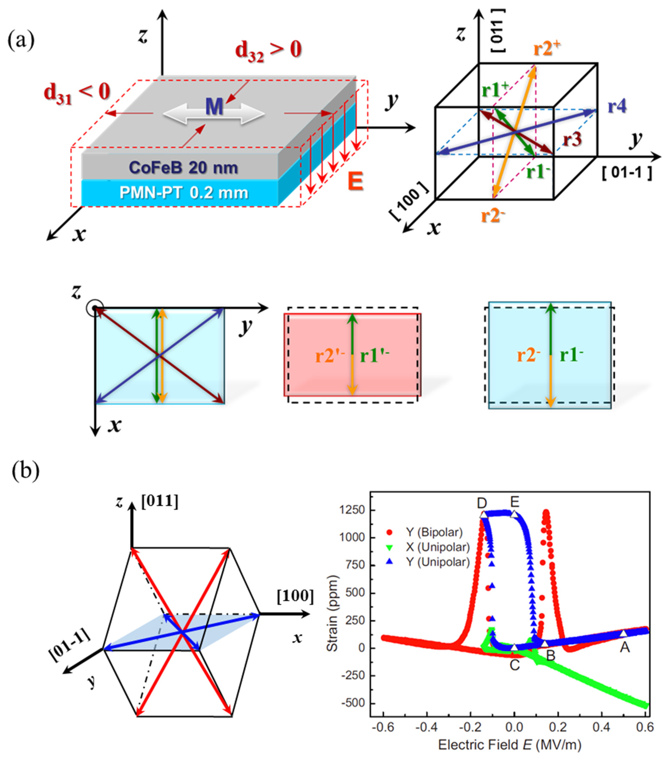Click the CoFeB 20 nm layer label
183,168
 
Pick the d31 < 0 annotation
77,92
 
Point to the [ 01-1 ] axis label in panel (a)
627,172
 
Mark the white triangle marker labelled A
623,633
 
